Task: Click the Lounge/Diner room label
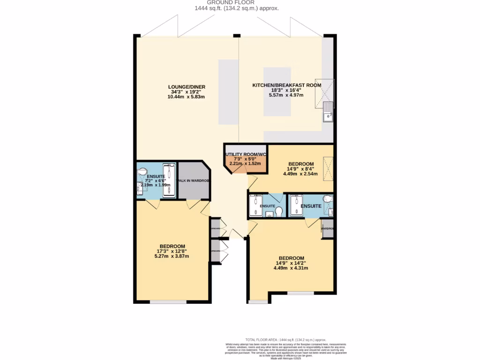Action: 187,87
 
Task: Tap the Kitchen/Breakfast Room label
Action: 286,85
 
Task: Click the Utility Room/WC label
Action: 246,155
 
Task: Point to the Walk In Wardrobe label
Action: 193,180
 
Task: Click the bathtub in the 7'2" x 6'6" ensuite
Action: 169,180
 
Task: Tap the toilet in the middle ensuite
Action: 279,212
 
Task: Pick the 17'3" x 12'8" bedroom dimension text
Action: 172,251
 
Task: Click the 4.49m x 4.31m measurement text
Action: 291,268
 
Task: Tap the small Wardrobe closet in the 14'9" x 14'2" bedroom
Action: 327,229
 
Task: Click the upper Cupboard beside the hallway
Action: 215,228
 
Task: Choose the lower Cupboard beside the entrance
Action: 215,252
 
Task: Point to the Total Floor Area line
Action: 285,339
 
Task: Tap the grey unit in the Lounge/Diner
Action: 228,92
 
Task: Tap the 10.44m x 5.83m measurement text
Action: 187,97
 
